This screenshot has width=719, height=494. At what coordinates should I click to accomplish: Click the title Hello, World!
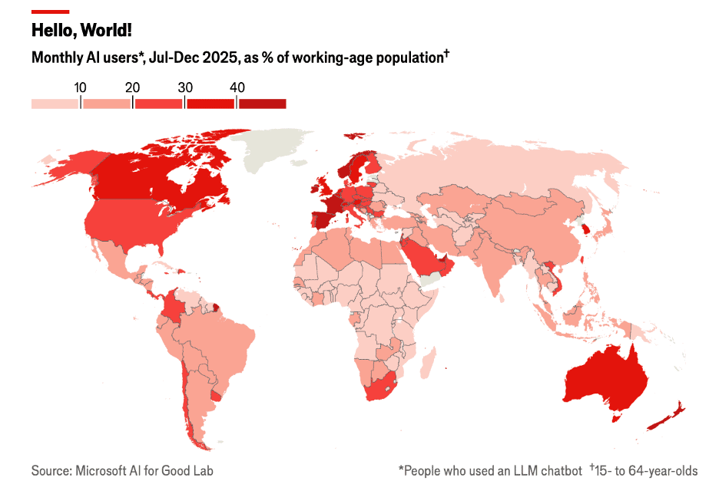coord(81,30)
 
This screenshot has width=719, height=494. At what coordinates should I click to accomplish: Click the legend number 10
coord(79,87)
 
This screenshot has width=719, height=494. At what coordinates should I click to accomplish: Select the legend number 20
coord(132,87)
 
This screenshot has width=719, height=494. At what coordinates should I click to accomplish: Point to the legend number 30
coord(184,87)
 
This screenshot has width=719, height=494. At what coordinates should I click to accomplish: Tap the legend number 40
coord(237,87)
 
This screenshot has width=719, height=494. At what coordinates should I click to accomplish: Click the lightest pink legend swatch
coord(55,104)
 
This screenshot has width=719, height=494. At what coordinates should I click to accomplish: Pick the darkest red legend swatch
coord(262,104)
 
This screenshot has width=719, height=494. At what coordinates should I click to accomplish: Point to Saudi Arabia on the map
coord(419,257)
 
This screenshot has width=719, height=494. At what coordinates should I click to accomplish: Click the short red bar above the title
coord(50,12)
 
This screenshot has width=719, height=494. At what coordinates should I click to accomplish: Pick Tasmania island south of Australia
coord(614,417)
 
